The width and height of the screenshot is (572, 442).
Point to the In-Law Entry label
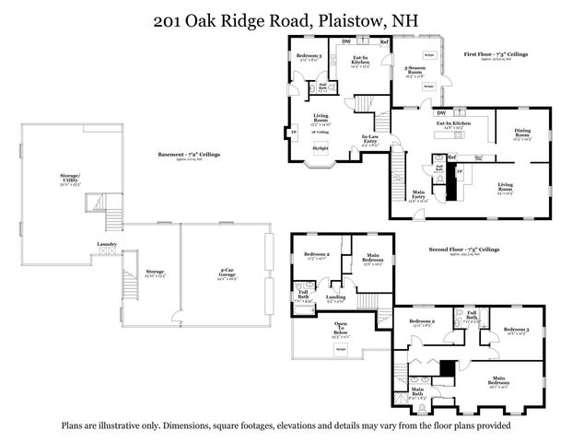[371, 141]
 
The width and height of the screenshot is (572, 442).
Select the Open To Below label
[340, 329]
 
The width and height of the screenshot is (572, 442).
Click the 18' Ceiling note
[323, 132]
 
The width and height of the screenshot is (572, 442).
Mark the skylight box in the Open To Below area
[341, 349]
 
